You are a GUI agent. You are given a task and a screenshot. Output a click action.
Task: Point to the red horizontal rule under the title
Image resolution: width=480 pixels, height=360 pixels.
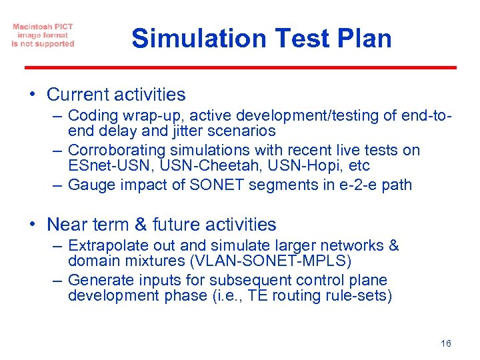click(240, 67)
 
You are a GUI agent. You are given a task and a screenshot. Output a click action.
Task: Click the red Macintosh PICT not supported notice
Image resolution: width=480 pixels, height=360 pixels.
click(43, 35)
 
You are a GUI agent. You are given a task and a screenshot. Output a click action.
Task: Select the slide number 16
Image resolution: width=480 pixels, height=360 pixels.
click(445, 343)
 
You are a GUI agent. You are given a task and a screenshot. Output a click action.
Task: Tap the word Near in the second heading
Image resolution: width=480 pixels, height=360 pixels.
click(67, 225)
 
